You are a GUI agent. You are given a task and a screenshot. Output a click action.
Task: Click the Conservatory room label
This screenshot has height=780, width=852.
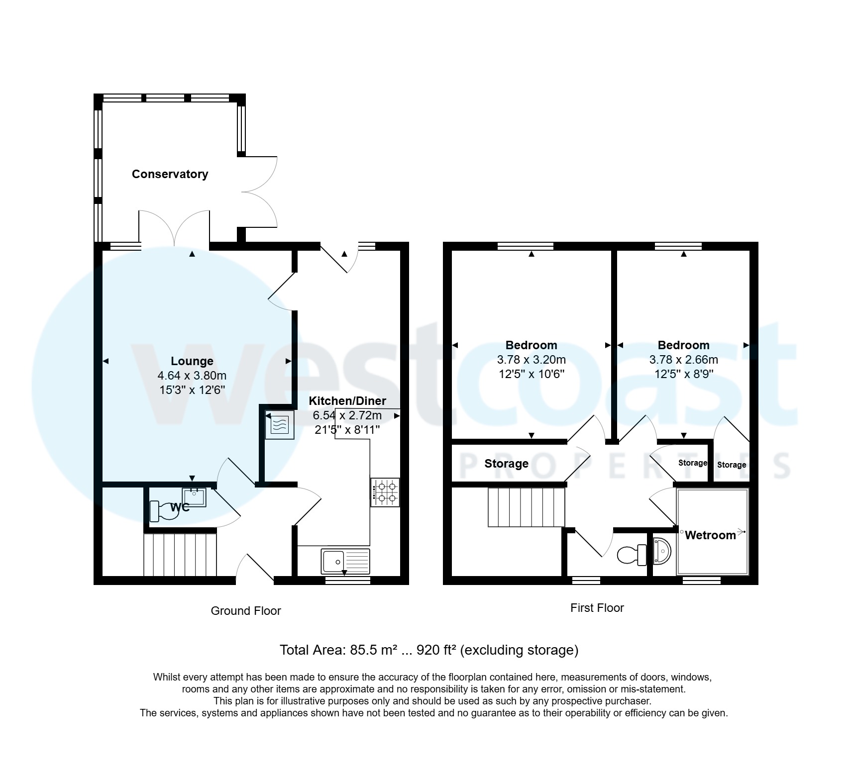170,174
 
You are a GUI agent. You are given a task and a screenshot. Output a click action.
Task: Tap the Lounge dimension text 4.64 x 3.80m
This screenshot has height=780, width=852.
192,376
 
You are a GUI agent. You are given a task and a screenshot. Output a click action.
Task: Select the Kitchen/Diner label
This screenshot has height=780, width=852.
347,401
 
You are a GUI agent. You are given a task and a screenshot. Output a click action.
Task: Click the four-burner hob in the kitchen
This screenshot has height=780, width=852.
385,492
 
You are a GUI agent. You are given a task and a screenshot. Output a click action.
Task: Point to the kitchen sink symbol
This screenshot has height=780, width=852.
345,561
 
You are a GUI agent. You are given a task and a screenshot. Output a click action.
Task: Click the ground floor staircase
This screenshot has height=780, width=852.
180,555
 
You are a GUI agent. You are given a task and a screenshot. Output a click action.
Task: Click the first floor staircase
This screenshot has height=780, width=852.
527,507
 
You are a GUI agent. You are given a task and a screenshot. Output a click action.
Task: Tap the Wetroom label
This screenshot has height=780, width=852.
710,535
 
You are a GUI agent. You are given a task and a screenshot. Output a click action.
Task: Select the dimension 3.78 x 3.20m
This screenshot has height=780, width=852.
531,360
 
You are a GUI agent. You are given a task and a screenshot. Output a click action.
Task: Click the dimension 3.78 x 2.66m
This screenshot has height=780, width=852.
683,360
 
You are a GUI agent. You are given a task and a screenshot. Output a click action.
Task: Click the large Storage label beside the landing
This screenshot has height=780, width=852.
506,464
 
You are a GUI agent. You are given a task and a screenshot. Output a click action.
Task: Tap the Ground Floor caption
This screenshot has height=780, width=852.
246,611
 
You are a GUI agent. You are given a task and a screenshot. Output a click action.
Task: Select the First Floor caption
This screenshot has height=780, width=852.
597,608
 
